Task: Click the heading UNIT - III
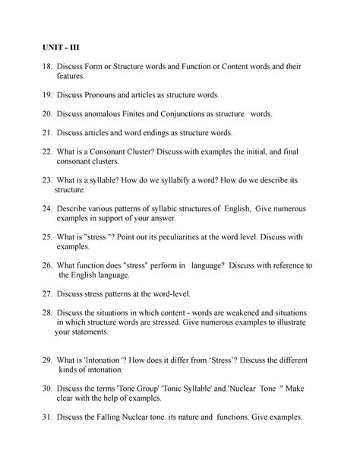pyautogui.click(x=64, y=47)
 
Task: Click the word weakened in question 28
pyautogui.click(x=226, y=312)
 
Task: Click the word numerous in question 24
pyautogui.click(x=285, y=209)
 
